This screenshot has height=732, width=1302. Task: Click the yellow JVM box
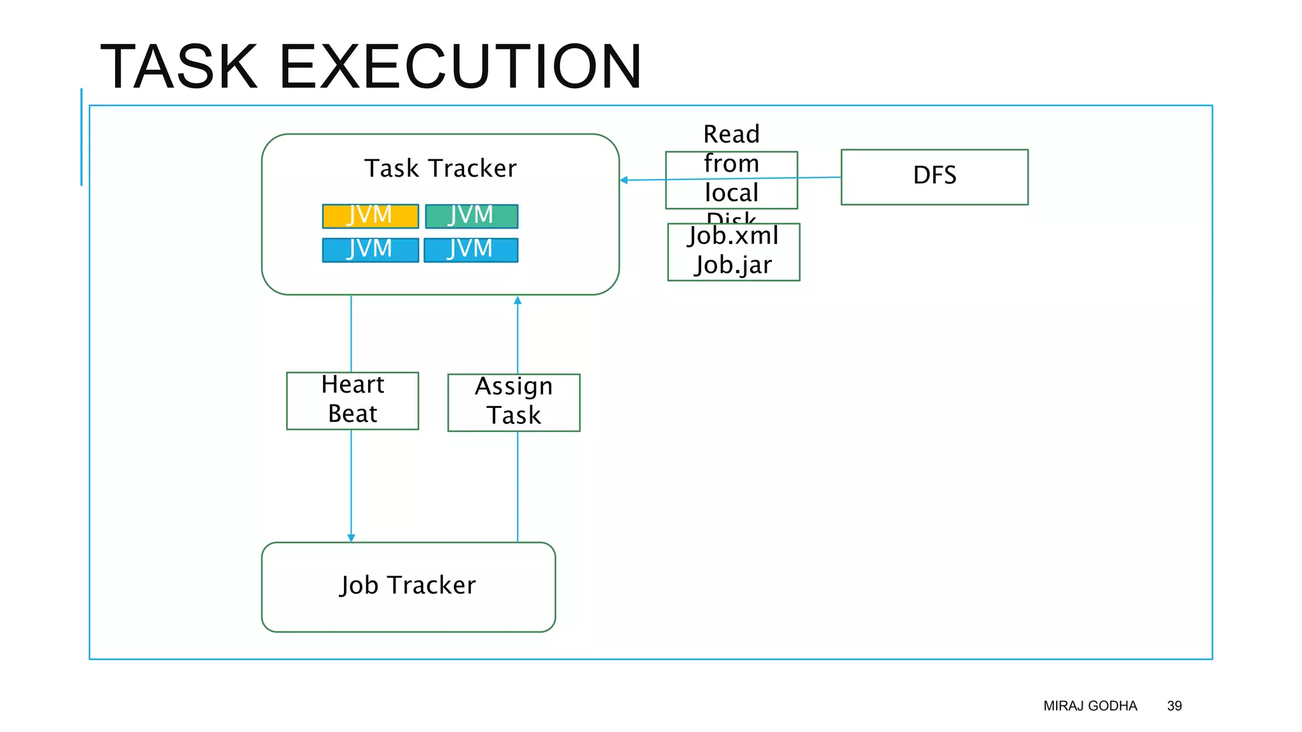coord(370,216)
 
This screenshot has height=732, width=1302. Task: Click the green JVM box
coord(471,216)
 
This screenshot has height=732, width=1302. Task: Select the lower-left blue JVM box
coord(370,250)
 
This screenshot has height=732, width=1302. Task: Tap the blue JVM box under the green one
coord(471,250)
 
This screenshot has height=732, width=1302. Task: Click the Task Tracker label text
coord(440,168)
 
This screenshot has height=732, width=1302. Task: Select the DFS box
coord(934,177)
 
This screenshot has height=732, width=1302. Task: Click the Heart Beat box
coord(352,400)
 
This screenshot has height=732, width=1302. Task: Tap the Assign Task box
coord(514,402)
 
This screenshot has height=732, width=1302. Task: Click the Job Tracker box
coord(408,586)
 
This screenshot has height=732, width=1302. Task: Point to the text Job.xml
coord(733,236)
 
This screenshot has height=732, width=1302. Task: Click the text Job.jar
coord(733,265)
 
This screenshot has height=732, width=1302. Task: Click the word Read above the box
coord(731,135)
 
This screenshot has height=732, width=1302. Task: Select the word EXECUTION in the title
coord(460,66)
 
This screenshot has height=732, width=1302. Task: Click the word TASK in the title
coord(179,66)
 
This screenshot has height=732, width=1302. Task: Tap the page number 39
coord(1174,706)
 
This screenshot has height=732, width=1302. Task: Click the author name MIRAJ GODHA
coord(1090,706)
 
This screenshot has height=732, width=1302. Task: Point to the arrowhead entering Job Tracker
coord(351,538)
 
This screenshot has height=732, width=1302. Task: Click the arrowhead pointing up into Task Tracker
coord(517,300)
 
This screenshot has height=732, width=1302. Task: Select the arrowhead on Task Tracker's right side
coord(624,180)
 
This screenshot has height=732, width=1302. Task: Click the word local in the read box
coord(731,193)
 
